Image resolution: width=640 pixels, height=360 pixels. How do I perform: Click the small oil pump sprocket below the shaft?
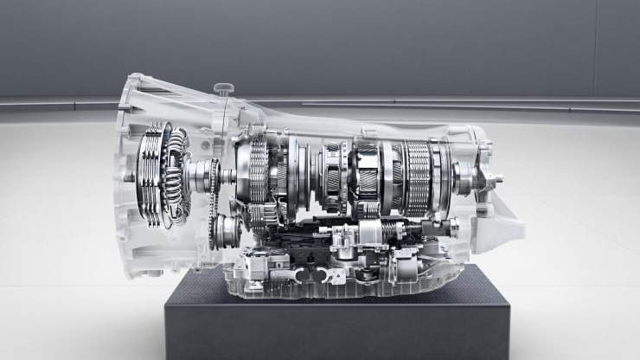coord(227,232)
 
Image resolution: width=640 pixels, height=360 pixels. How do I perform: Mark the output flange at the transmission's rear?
coord(491,182)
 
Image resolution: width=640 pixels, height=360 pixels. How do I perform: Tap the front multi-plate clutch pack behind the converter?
coord(258,173)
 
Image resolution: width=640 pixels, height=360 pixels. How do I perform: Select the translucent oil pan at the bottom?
coord(346,281)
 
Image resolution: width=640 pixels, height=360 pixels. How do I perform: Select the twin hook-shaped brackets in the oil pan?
coord(315,275)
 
